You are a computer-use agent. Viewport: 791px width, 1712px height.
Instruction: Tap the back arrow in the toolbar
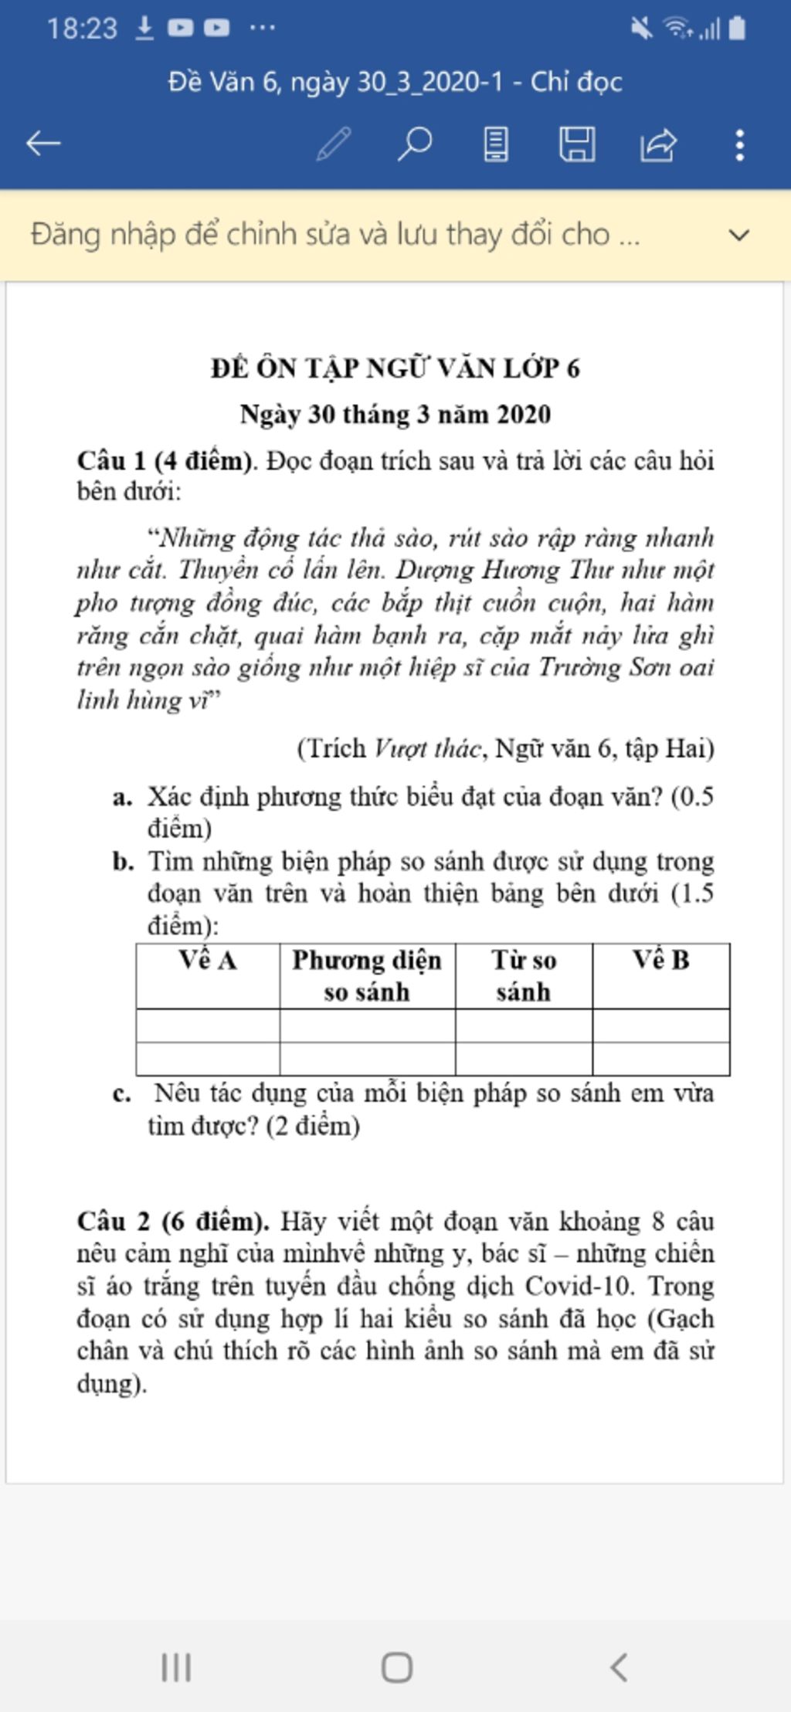[43, 144]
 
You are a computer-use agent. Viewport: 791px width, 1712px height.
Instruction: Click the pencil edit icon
[334, 144]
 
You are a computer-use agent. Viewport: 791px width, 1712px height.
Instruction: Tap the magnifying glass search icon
[415, 144]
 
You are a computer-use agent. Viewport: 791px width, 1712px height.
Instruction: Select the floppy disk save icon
[577, 144]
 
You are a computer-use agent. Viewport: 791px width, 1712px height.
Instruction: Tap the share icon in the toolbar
[658, 144]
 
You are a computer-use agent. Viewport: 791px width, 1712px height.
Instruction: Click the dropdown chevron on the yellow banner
[739, 235]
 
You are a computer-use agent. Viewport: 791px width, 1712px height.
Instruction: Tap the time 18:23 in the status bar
[81, 29]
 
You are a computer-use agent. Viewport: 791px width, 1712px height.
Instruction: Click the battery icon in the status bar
[737, 29]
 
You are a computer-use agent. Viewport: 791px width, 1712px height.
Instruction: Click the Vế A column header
[208, 960]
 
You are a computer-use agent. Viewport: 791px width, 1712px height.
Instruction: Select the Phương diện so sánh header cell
[367, 975]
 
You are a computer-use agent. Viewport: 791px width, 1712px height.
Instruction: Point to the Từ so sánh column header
[524, 975]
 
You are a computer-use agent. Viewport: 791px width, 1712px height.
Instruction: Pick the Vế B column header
[661, 960]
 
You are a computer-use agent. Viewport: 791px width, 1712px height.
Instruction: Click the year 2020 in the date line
[523, 415]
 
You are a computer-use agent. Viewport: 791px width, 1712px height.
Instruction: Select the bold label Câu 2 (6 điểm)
[173, 1222]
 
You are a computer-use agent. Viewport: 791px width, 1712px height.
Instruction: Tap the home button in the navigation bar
[396, 1667]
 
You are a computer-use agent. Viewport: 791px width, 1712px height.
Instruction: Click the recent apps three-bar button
[176, 1667]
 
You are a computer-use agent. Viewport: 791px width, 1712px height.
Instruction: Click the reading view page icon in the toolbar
[496, 144]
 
